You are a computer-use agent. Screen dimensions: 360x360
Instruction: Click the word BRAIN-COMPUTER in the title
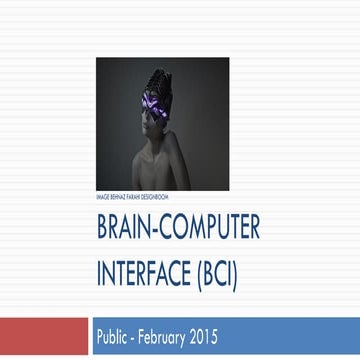178,228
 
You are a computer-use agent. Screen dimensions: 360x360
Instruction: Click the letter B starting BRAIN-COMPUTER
102,228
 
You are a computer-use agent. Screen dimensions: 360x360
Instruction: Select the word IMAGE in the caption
102,196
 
